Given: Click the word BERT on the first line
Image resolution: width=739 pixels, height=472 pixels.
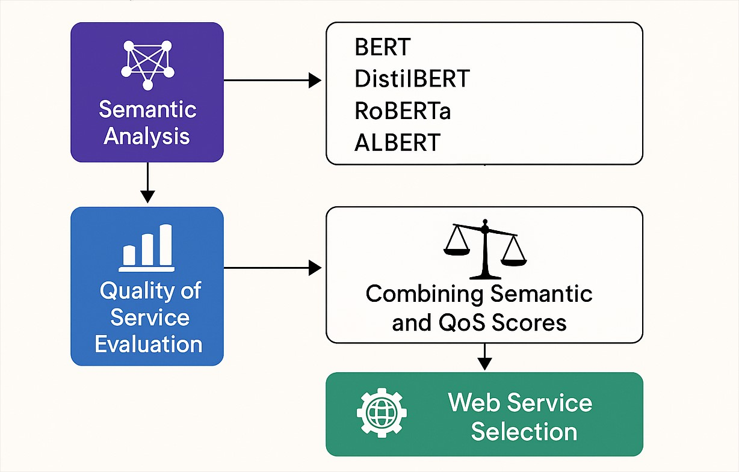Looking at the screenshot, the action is [383, 47].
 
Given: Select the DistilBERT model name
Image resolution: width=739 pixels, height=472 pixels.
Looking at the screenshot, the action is [412, 78].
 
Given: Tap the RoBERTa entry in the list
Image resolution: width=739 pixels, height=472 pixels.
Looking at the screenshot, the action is [403, 111].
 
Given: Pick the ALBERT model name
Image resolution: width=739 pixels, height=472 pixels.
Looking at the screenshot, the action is [397, 143].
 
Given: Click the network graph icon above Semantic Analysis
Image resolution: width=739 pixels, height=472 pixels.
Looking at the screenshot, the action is [148, 65].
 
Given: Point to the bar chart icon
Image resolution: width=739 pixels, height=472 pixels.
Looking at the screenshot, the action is [146, 248].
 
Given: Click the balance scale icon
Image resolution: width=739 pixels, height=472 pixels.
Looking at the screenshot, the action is [484, 249].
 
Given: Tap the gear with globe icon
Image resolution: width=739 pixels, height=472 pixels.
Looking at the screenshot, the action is [382, 412].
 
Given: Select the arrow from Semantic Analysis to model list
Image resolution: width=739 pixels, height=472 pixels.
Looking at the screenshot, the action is [273, 80].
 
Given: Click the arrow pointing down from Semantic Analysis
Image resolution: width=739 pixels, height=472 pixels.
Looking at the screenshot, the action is [147, 183].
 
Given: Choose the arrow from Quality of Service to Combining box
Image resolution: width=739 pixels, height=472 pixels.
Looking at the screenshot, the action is [273, 268].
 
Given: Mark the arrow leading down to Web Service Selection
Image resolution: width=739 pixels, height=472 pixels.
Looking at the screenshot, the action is [484, 357].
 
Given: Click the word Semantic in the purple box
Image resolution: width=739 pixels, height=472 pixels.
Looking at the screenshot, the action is [147, 109].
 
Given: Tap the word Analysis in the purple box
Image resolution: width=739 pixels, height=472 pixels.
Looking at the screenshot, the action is [147, 136].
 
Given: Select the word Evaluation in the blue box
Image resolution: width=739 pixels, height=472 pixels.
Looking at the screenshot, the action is [149, 344].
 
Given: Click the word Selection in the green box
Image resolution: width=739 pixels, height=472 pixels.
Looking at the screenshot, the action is [524, 431].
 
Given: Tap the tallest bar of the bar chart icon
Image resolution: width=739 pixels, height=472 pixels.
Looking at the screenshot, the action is [165, 245].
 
